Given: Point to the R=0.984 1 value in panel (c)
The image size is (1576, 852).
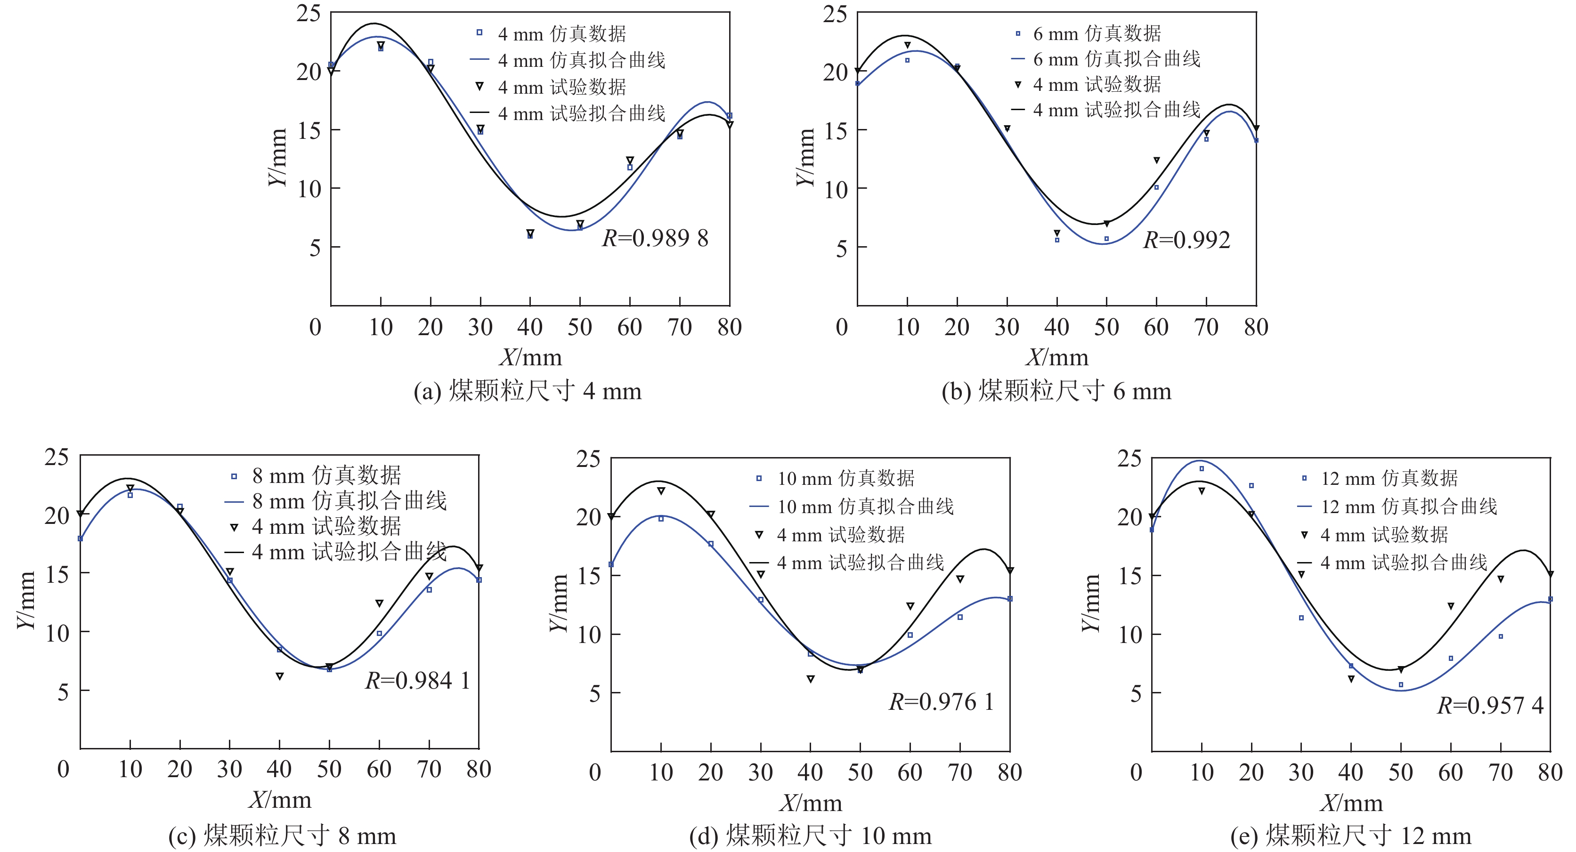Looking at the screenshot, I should (417, 681).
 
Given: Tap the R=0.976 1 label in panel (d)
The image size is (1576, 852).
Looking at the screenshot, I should (940, 702).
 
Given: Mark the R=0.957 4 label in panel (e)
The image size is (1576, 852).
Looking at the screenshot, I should (1490, 706).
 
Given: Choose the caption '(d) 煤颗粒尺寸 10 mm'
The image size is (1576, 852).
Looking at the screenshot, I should (810, 836).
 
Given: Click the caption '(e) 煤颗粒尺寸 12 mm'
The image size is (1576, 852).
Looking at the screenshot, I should (1351, 836).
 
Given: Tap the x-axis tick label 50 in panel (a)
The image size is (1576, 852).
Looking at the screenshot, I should (579, 328).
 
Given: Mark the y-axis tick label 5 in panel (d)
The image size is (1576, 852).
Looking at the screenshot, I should (594, 693).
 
